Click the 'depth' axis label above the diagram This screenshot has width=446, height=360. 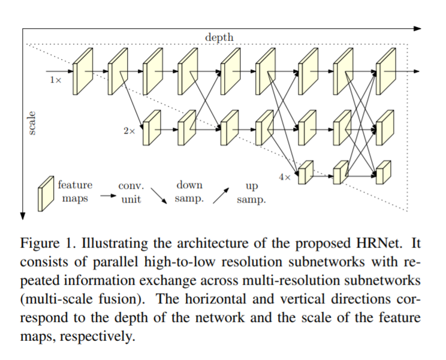point(219,37)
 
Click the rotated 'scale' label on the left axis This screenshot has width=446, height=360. point(32,123)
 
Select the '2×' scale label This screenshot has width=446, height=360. point(129,130)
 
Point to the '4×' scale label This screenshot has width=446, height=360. point(285,177)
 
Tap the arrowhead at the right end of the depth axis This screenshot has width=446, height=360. point(418,28)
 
